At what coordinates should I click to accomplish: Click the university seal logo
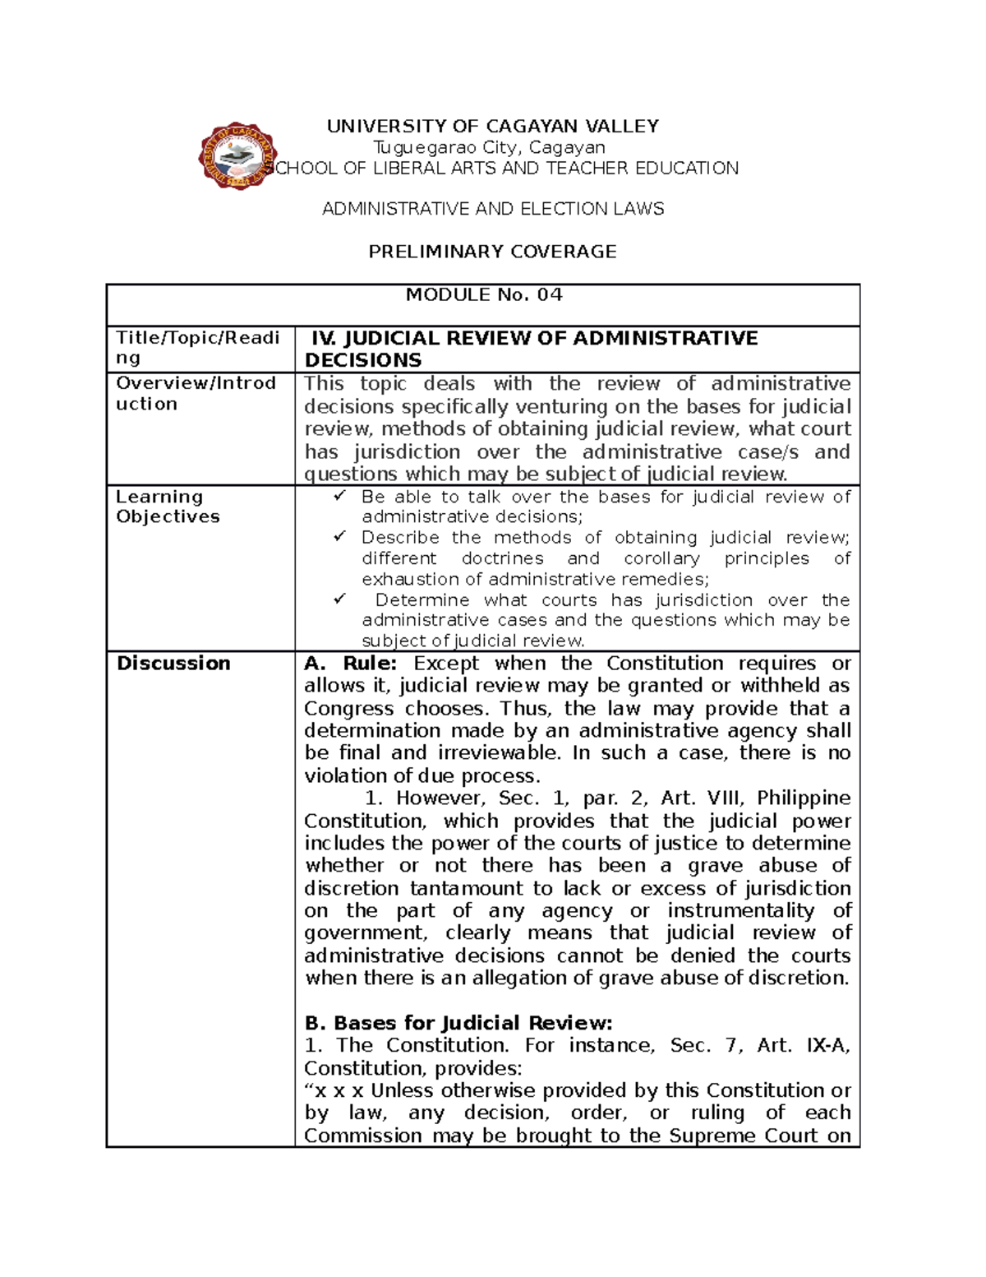tap(236, 156)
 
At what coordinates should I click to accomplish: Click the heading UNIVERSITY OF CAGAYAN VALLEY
tap(493, 127)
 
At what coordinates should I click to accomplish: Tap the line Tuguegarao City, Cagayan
tap(490, 148)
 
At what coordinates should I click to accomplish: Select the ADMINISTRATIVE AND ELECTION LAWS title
tap(493, 210)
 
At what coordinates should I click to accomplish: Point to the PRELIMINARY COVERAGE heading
tap(492, 252)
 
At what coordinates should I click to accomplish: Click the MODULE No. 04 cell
tap(484, 295)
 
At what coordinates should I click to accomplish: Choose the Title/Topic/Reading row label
tap(197, 348)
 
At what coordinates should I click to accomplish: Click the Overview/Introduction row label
tap(196, 394)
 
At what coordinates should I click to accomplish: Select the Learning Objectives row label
tap(168, 507)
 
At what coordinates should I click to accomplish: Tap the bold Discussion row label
tap(173, 664)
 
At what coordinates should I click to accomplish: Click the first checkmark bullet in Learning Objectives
tap(340, 497)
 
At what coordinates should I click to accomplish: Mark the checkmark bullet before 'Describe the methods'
tap(340, 537)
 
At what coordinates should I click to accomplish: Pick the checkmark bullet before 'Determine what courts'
tap(340, 600)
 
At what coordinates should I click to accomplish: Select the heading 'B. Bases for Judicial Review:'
tap(458, 1024)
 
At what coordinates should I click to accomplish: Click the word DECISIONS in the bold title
tap(362, 361)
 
